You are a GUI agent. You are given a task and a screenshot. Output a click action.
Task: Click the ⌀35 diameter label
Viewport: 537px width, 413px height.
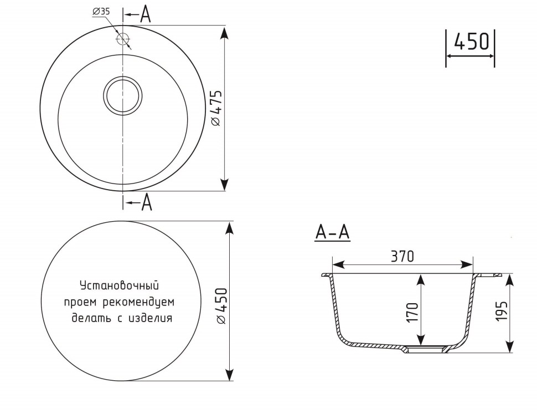point(101,12)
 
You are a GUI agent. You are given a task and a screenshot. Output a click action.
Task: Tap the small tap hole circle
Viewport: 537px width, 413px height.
point(122,38)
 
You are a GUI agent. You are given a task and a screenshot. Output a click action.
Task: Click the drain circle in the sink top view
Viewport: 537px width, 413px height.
point(122,95)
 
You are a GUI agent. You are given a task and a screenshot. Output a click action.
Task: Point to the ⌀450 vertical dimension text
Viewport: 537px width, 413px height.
point(221,307)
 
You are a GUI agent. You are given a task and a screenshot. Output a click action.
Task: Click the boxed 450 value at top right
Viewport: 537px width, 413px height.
point(471,42)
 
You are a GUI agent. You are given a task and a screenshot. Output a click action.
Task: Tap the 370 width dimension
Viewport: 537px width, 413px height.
point(402,256)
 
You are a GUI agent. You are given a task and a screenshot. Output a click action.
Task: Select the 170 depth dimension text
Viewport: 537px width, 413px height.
point(412,312)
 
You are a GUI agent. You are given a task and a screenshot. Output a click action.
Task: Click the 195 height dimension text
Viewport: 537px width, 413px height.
point(501,311)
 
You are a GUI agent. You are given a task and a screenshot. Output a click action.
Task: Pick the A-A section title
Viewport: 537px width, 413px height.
point(332,233)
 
